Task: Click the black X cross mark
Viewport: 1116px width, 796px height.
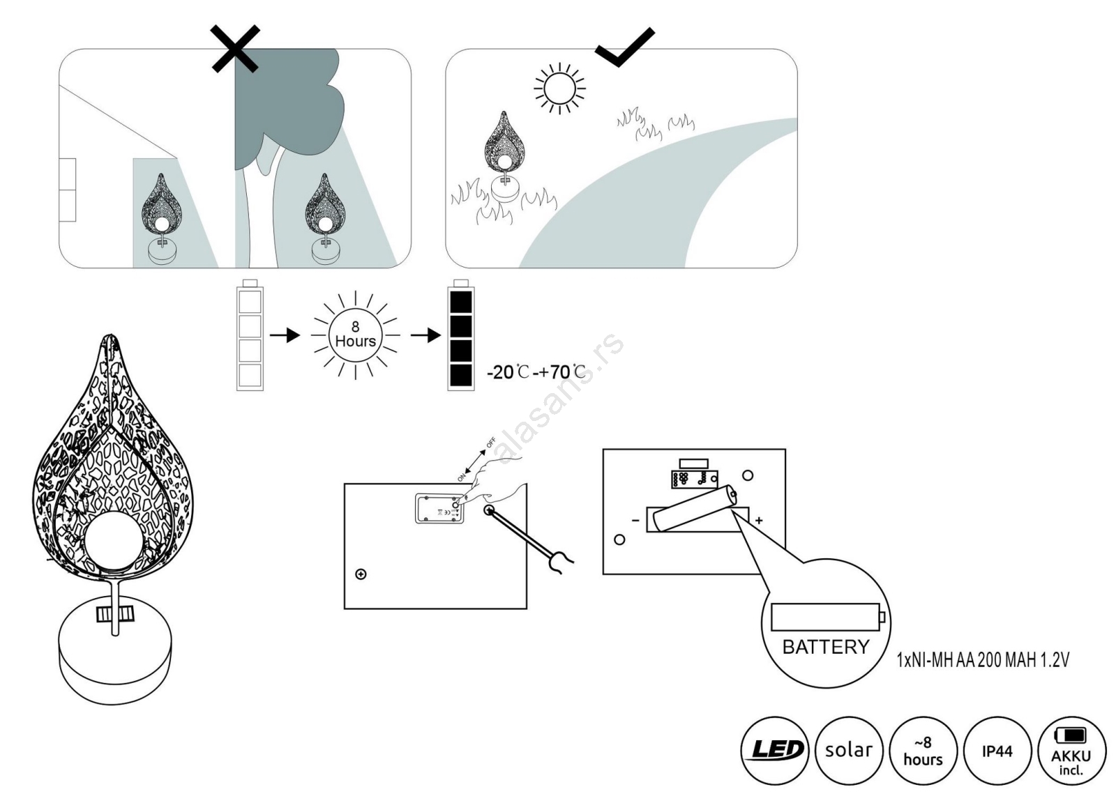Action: (x=236, y=48)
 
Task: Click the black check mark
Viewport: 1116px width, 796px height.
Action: (x=624, y=47)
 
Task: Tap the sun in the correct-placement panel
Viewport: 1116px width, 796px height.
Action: (x=559, y=89)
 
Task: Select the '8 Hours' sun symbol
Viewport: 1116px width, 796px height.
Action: (x=356, y=335)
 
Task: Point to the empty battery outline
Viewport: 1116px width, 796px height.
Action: (x=250, y=335)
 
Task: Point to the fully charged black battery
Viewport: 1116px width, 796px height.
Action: (x=460, y=335)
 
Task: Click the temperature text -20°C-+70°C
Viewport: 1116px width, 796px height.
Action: (x=536, y=372)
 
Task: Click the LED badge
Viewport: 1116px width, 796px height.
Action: (x=774, y=751)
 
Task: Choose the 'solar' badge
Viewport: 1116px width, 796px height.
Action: (x=848, y=751)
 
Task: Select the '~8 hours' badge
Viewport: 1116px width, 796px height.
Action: (x=923, y=751)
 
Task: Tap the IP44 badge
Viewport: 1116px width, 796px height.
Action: (x=997, y=751)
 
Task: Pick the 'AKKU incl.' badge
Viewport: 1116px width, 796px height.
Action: (x=1071, y=751)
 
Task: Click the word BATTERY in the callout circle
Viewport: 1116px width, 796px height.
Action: (x=826, y=647)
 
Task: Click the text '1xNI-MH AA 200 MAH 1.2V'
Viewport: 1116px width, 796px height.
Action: (x=982, y=659)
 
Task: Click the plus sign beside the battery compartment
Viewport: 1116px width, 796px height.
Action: (x=759, y=520)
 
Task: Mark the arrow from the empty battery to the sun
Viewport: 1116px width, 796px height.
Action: (x=285, y=335)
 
